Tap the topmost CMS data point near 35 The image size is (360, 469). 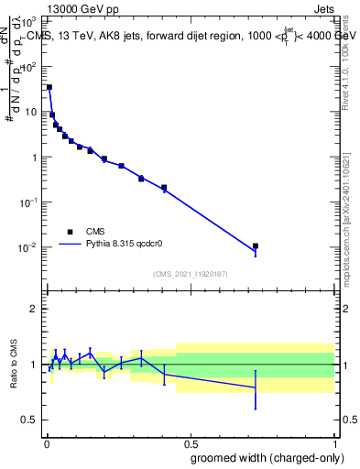click(49, 87)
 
